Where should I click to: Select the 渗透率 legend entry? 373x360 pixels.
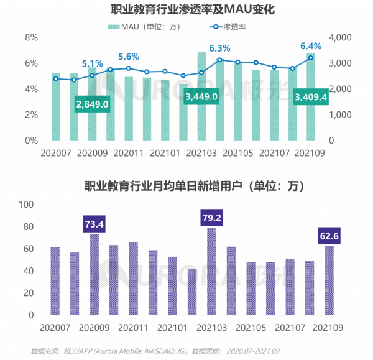point(231,26)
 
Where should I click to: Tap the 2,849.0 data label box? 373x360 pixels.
point(92,104)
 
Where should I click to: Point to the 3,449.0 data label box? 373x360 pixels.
point(201,96)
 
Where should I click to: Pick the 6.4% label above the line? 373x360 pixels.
point(311,45)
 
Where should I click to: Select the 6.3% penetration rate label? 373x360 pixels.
point(219,48)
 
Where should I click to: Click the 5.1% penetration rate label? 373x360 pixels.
point(92,63)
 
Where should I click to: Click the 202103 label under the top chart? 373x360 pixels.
point(201,152)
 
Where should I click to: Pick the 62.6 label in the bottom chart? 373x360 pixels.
point(329,236)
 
